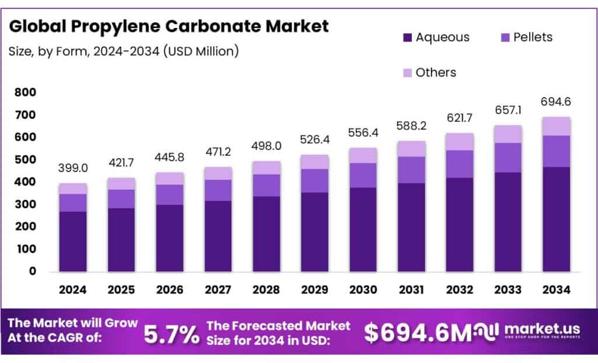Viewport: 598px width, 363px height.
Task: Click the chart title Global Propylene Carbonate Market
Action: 169,26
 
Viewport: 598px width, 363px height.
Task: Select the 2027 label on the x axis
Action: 218,289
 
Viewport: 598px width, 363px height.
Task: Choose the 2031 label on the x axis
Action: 411,289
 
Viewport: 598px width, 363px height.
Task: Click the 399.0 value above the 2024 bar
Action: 73,168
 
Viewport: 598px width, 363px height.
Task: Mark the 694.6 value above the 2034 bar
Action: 556,102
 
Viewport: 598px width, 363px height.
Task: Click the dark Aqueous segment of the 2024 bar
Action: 73,241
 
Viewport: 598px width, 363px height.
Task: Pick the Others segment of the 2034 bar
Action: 556,126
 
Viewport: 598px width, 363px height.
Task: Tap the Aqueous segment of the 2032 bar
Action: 460,224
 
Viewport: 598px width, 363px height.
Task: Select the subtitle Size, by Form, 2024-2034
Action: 123,51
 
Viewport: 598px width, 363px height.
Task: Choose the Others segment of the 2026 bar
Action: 169,178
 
